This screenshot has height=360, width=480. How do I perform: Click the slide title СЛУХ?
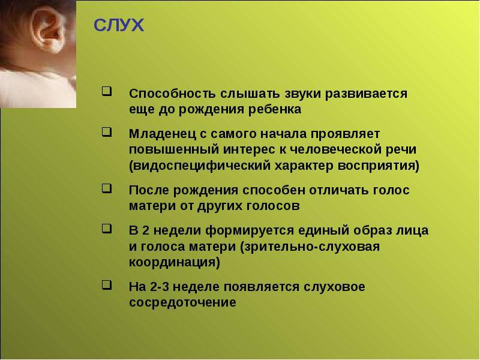click(x=119, y=25)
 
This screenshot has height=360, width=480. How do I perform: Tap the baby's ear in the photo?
click(x=49, y=29)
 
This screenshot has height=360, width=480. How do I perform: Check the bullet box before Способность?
click(x=107, y=92)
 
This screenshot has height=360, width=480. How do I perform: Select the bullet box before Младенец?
click(x=107, y=132)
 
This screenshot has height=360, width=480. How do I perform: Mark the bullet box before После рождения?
click(x=107, y=188)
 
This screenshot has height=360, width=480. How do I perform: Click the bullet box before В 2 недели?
click(x=107, y=229)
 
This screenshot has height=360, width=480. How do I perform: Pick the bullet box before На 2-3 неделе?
click(x=107, y=285)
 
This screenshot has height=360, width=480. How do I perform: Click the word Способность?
click(x=172, y=94)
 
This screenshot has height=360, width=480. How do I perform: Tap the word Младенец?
click(x=163, y=134)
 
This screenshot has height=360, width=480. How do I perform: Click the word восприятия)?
click(x=379, y=166)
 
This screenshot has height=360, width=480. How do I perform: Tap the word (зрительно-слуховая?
click(x=310, y=247)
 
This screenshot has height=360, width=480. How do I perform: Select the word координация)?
click(x=175, y=263)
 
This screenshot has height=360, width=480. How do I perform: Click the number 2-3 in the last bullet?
click(x=161, y=287)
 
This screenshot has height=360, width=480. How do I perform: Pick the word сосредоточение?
click(x=183, y=303)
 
